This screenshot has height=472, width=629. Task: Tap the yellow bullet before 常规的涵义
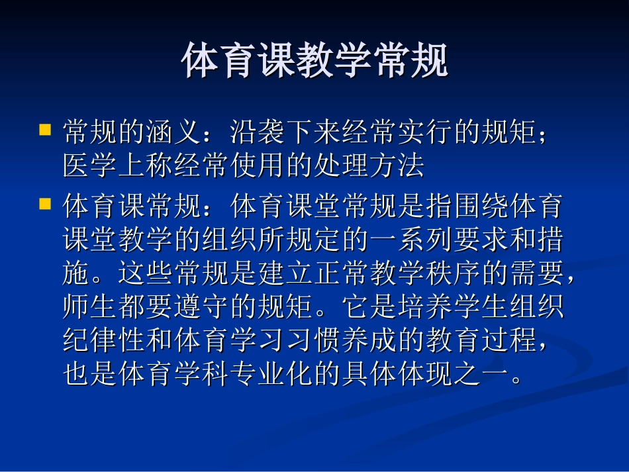click(x=45, y=128)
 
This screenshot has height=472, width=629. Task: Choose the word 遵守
click(x=230, y=307)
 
